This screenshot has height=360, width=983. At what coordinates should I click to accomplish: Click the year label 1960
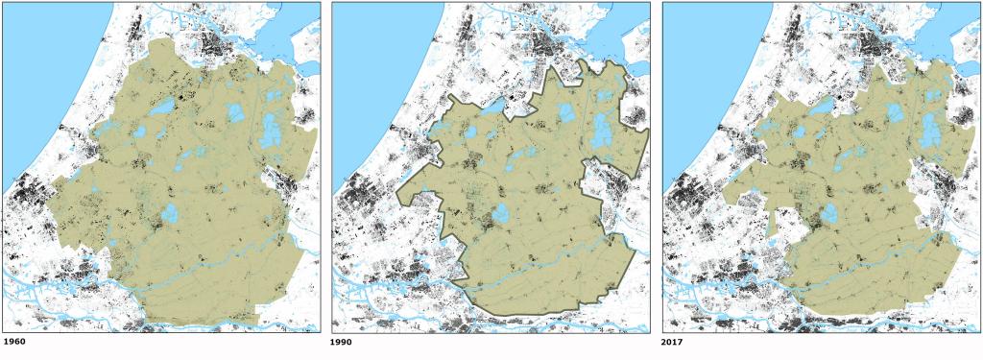14,341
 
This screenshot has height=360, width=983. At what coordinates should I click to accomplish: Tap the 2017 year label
674,341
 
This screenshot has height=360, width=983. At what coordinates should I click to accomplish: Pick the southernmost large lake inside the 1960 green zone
170,213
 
